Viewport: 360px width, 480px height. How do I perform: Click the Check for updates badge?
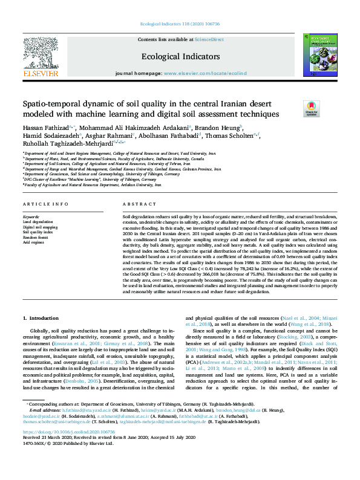click(310, 109)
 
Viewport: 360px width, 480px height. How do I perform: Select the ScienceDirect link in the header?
click(209, 39)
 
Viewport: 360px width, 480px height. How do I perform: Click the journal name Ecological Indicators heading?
click(179, 56)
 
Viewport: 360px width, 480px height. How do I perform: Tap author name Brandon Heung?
click(223, 128)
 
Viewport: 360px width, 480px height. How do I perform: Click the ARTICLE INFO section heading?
click(46, 204)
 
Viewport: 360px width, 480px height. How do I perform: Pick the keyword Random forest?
click(35, 237)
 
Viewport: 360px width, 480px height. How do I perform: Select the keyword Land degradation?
click(37, 221)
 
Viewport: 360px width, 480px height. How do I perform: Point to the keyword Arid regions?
click(34, 242)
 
